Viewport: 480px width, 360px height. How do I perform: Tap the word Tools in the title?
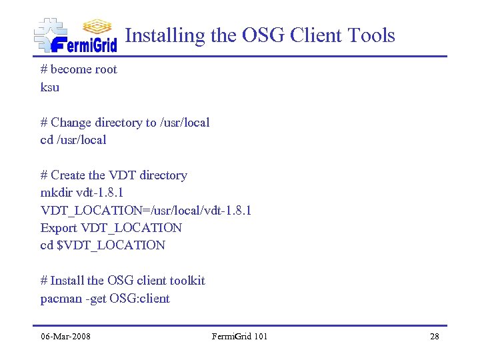click(x=369, y=35)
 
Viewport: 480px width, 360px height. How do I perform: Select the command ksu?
click(x=50, y=87)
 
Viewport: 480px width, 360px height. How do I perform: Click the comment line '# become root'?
click(x=79, y=69)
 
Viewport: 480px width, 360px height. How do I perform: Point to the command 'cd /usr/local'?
click(x=73, y=140)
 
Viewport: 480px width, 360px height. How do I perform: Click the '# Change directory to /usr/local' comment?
click(x=125, y=123)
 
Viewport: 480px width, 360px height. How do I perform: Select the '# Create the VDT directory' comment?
click(x=114, y=175)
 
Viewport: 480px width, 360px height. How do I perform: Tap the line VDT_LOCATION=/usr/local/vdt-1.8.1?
click(x=146, y=210)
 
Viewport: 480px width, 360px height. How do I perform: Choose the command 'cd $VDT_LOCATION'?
click(x=103, y=245)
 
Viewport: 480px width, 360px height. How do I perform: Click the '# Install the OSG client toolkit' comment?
click(x=123, y=281)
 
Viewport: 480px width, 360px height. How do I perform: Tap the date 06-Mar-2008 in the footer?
click(x=65, y=336)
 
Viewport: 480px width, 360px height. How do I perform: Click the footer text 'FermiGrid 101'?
click(x=239, y=336)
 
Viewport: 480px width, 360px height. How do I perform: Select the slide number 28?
click(x=435, y=336)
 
